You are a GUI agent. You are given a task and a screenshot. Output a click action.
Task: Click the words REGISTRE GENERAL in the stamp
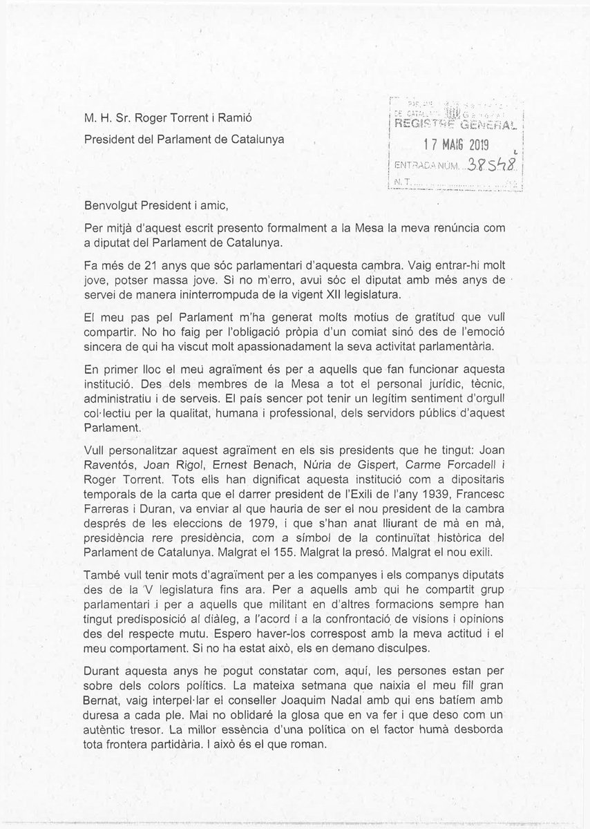click(x=456, y=124)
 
